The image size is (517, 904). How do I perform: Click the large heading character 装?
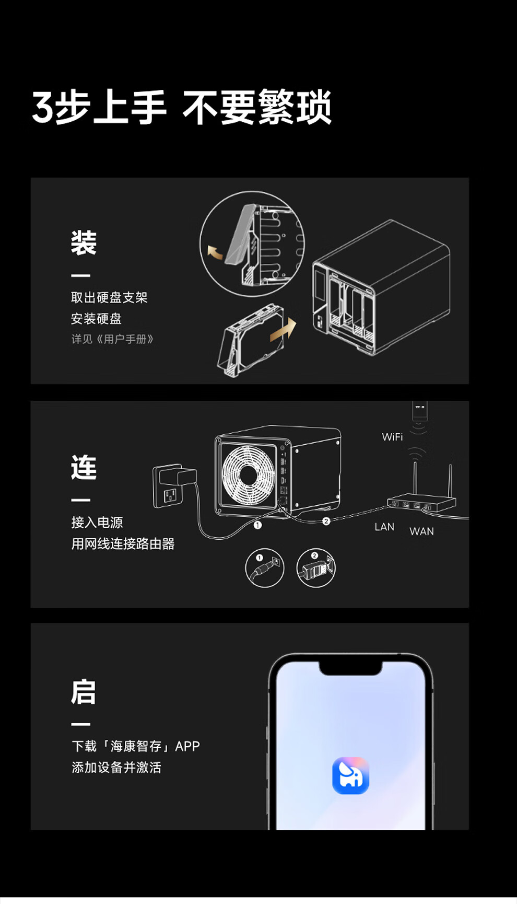point(84,243)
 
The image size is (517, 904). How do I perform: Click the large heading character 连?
point(84,467)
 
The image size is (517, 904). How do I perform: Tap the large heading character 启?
point(84,692)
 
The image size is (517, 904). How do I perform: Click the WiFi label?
point(392,437)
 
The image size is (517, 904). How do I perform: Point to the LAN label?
point(384,527)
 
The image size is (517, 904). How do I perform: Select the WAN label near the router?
point(421,531)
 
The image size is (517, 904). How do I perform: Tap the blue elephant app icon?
point(350,775)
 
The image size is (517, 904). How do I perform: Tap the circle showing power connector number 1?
point(265,568)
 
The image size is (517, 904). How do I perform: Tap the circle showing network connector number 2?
point(315,568)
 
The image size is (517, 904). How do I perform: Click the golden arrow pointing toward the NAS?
point(283,330)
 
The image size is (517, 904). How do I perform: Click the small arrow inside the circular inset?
point(215,252)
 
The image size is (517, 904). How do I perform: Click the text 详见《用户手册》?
point(112,339)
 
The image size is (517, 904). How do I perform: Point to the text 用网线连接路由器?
point(123,543)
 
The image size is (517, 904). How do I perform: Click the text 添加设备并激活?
point(116,767)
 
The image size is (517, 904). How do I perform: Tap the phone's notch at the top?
point(350,668)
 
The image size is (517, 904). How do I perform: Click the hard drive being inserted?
point(251,340)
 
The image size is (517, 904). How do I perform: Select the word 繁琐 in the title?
point(295,107)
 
